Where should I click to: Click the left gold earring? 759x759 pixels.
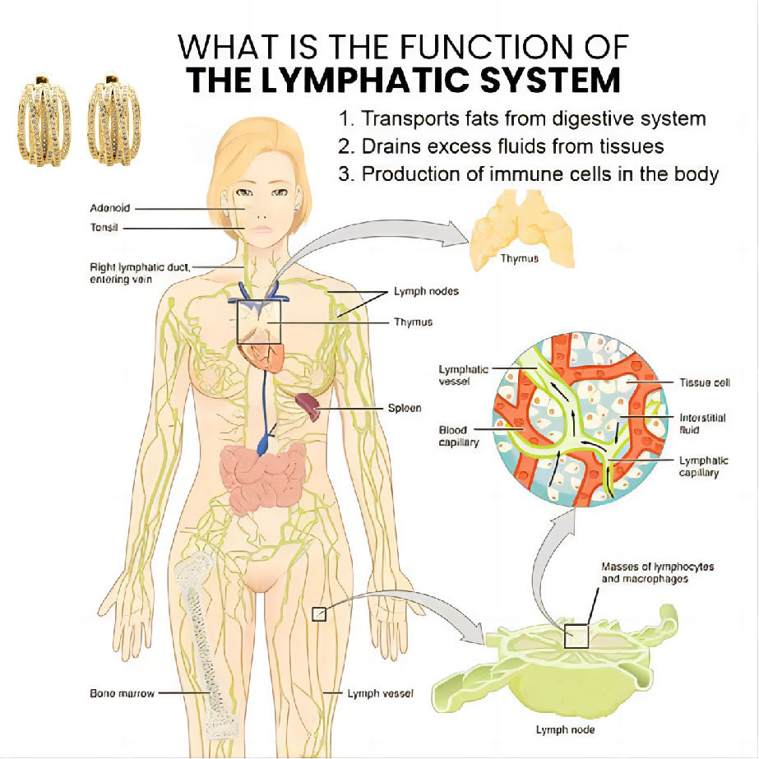point(44,119)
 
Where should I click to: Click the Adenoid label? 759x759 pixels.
point(110,208)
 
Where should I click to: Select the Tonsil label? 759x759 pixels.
point(104,228)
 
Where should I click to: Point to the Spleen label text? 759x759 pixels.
point(405,408)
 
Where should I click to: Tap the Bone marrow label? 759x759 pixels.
point(122,693)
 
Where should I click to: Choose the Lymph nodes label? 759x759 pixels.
point(426,291)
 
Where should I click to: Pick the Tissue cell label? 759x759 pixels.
point(704,382)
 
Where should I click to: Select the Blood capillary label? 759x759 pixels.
point(458,436)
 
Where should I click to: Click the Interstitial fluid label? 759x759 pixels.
point(702,423)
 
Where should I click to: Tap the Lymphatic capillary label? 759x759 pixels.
point(703,466)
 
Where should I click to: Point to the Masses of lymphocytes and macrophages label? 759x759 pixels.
point(657,572)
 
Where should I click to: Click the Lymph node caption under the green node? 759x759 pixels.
point(565,729)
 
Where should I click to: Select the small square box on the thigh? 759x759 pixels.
point(319,614)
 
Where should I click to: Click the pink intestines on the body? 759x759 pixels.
point(262,479)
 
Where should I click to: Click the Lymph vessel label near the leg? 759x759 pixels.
point(380,693)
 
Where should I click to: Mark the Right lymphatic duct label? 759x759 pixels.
point(140,273)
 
